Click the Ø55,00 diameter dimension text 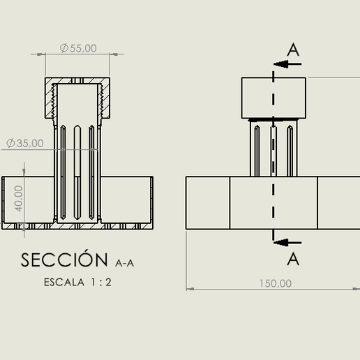[x=78, y=48]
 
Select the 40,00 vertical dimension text [x=19, y=198]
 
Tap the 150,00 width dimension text [x=276, y=283]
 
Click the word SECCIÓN [x=66, y=260]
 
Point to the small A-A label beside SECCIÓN [x=124, y=263]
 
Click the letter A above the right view [x=294, y=50]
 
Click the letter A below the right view [x=294, y=259]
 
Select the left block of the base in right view [x=208, y=203]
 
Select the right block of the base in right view [x=338, y=203]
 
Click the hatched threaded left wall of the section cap [x=50, y=99]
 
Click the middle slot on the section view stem [x=77, y=171]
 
